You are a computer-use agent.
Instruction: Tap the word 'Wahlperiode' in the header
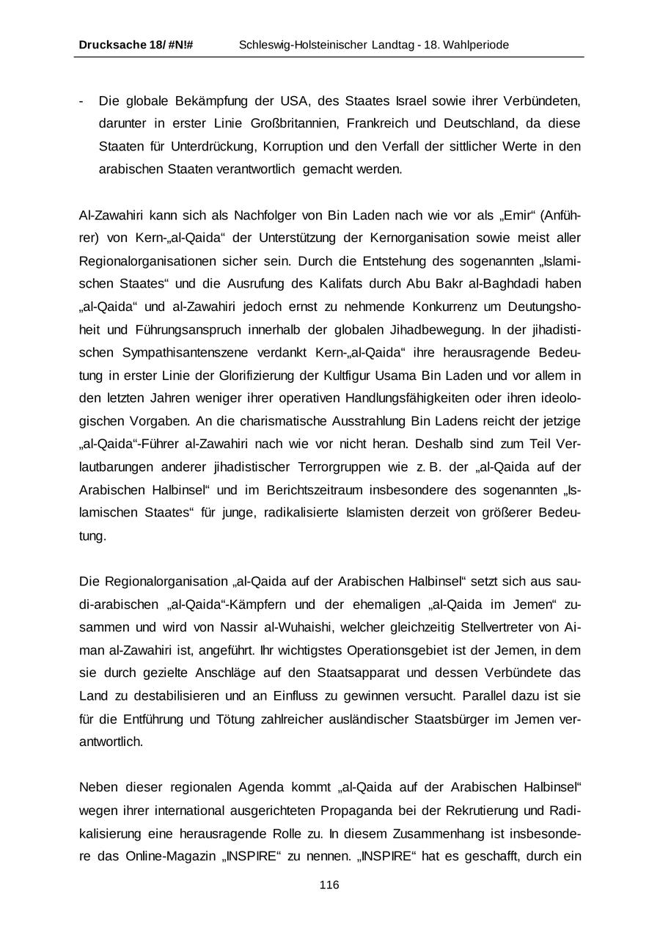click(476, 45)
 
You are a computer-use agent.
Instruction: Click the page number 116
click(329, 885)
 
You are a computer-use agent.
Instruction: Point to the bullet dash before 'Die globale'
click(81, 100)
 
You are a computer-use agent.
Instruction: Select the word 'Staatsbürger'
click(452, 719)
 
